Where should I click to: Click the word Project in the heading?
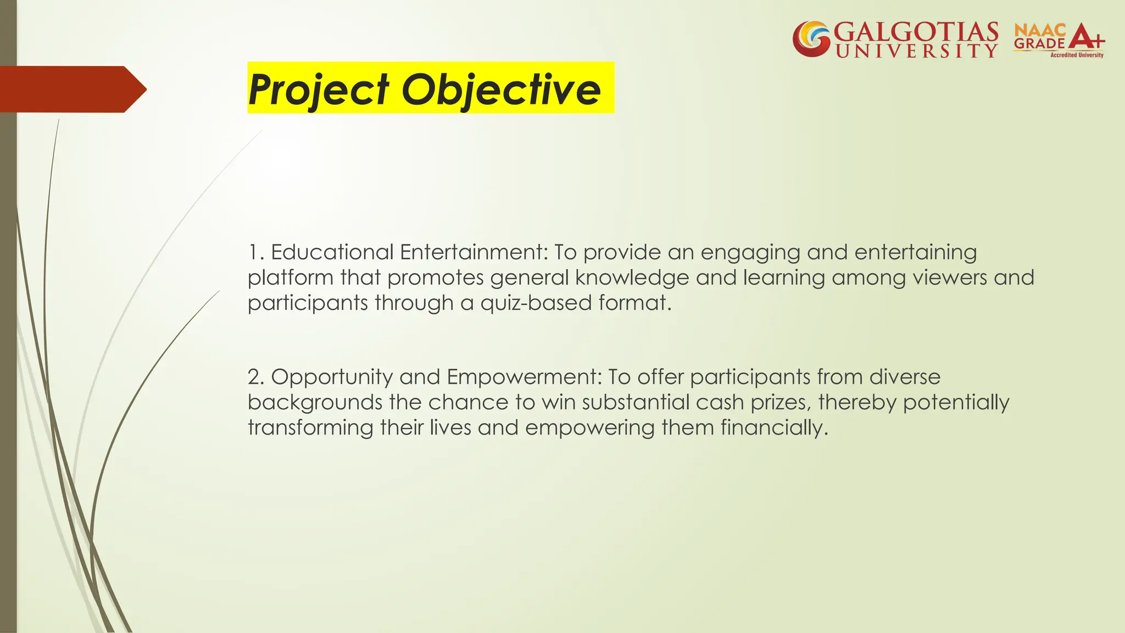tap(319, 89)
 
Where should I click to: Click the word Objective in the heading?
tap(501, 89)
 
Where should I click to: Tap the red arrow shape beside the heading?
tap(71, 89)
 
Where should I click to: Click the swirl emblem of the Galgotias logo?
tap(811, 38)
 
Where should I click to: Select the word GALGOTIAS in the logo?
tap(916, 32)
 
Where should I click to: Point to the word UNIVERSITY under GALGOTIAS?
tap(916, 51)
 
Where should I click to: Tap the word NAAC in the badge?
tap(1039, 31)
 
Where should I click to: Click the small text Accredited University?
tap(1077, 55)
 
